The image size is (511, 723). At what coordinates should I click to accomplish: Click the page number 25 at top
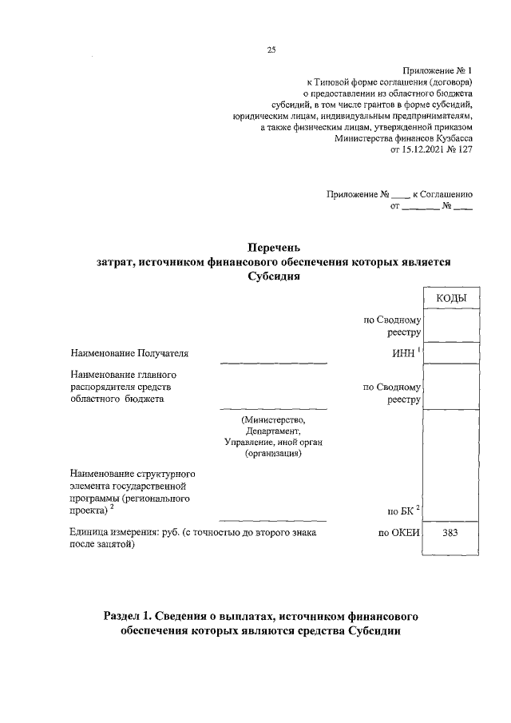[271, 51]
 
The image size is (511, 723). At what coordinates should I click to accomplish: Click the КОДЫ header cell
[452, 298]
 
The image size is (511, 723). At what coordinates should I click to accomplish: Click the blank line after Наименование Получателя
[273, 361]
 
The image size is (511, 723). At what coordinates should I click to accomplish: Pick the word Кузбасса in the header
[450, 138]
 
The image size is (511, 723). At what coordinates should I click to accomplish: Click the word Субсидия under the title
[273, 276]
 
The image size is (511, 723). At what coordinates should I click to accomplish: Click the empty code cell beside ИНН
[452, 352]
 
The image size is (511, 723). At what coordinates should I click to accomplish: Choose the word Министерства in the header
[362, 138]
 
